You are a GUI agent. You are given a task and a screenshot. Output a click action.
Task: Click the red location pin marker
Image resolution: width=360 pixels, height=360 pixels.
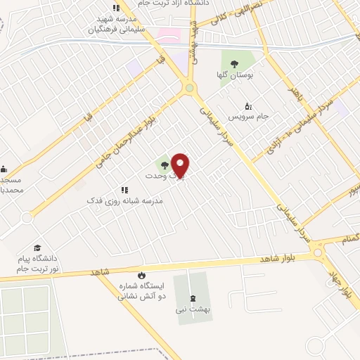(180, 165)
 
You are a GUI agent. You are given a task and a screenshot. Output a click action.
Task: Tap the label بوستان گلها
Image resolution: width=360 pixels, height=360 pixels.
(233, 74)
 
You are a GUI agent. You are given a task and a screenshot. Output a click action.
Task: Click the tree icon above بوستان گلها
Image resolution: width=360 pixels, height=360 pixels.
(233, 63)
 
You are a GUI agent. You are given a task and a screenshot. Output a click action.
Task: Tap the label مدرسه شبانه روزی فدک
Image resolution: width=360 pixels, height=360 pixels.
(124, 200)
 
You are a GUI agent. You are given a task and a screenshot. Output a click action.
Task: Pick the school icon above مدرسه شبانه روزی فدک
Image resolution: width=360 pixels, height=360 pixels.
(124, 190)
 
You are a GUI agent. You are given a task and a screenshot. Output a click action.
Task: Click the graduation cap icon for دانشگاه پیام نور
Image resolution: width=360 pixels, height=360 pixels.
(37, 248)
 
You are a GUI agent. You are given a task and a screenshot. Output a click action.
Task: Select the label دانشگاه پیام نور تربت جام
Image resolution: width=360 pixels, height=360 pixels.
(39, 264)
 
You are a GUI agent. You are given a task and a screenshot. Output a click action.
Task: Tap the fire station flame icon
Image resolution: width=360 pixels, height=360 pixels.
(141, 275)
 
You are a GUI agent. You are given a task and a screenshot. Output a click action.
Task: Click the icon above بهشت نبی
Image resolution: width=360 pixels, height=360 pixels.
(193, 298)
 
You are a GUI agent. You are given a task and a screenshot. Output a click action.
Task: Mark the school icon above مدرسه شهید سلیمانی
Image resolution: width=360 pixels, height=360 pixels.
(116, 8)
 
